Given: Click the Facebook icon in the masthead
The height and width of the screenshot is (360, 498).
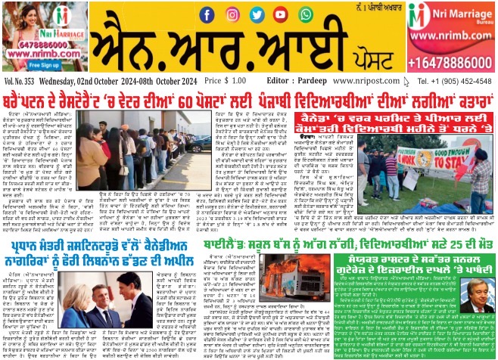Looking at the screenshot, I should coord(207,14).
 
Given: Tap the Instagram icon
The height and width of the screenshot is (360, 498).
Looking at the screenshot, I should coord(232,14).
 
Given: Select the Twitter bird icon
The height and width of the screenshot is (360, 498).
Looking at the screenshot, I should coord(257,14).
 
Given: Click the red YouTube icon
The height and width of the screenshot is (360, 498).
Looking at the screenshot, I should coord(281,14).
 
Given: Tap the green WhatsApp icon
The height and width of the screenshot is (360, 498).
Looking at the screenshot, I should coord(305,14).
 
